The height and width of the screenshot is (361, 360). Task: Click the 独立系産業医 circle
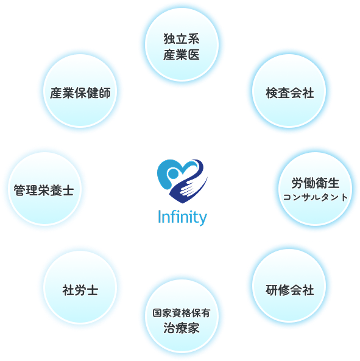tap(182, 44)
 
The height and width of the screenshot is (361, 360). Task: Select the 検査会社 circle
tap(289, 91)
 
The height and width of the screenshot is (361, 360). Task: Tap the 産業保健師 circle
tap(80, 91)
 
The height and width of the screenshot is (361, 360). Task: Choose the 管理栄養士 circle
tap(45, 189)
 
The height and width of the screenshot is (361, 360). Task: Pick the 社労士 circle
tap(80, 287)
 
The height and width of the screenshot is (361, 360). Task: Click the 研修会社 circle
tap(289, 286)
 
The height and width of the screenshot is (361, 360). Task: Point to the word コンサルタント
tap(316, 197)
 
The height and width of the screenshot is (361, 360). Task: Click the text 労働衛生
tap(316, 183)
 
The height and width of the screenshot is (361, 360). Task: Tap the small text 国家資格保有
tap(182, 313)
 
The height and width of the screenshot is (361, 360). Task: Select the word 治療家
tap(182, 328)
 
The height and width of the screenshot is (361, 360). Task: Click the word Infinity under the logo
tap(182, 217)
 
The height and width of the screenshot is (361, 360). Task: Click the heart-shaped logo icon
tap(182, 181)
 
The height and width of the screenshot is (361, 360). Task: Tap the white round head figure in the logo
tap(173, 173)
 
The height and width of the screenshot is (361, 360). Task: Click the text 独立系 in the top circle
tap(182, 38)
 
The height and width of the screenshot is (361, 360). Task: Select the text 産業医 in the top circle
tap(182, 55)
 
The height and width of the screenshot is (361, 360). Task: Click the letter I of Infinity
tap(159, 217)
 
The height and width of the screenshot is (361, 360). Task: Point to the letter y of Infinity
tap(202, 220)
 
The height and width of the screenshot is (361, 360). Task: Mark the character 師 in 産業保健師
tap(105, 93)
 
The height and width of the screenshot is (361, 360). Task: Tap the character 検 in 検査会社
tap(272, 93)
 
